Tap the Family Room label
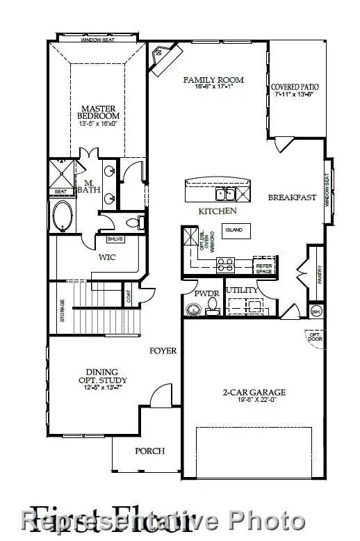(208, 80)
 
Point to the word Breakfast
(292, 197)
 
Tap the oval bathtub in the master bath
(60, 214)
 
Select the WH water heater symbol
(316, 311)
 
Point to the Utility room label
(242, 290)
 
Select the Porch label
(149, 451)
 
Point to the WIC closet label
(106, 257)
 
